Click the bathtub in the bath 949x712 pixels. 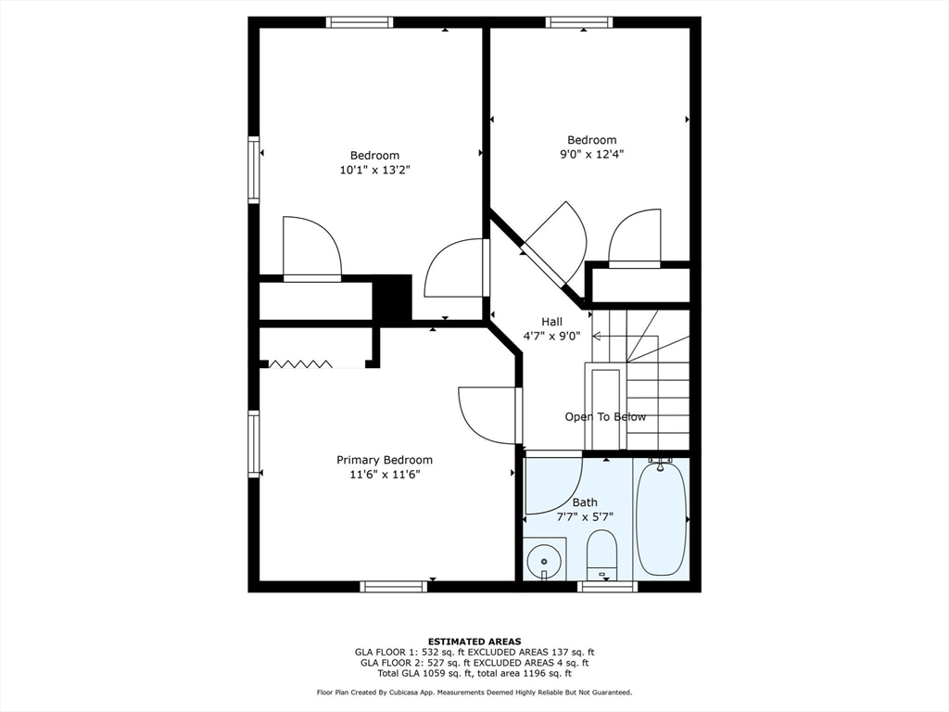pyautogui.click(x=662, y=519)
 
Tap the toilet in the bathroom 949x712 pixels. pyautogui.click(x=601, y=554)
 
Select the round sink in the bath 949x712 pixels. pyautogui.click(x=544, y=561)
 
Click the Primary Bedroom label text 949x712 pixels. pyautogui.click(x=384, y=460)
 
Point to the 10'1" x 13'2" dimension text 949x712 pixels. pyautogui.click(x=374, y=170)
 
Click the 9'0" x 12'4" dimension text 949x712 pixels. pyautogui.click(x=591, y=155)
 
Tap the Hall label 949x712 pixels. pyautogui.click(x=552, y=322)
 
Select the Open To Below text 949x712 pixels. pyautogui.click(x=605, y=417)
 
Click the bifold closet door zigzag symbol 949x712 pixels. pyautogui.click(x=298, y=364)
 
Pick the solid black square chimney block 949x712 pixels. pyautogui.click(x=392, y=299)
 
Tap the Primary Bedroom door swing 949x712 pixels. pyautogui.click(x=488, y=415)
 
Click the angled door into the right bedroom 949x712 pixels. pyautogui.click(x=554, y=243)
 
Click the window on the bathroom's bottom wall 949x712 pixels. pyautogui.click(x=607, y=586)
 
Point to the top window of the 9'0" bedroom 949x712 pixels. pyautogui.click(x=578, y=22)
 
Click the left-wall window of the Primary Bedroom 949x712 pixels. pyautogui.click(x=253, y=444)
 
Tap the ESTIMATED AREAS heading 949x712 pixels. pyautogui.click(x=474, y=641)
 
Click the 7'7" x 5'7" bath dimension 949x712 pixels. pyautogui.click(x=585, y=517)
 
